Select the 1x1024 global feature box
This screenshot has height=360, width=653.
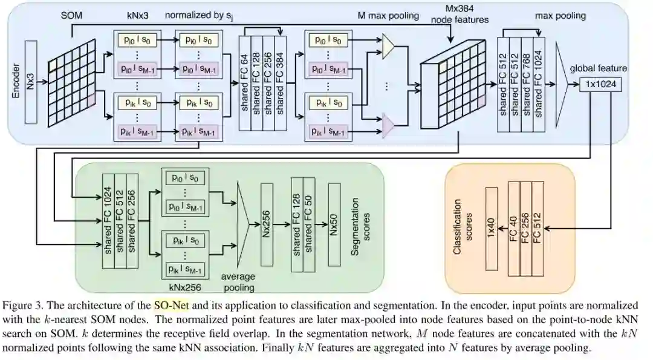coord(600,84)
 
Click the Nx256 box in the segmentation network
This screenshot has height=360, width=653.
coord(267,224)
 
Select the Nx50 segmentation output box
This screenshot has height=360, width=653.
coord(334,224)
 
